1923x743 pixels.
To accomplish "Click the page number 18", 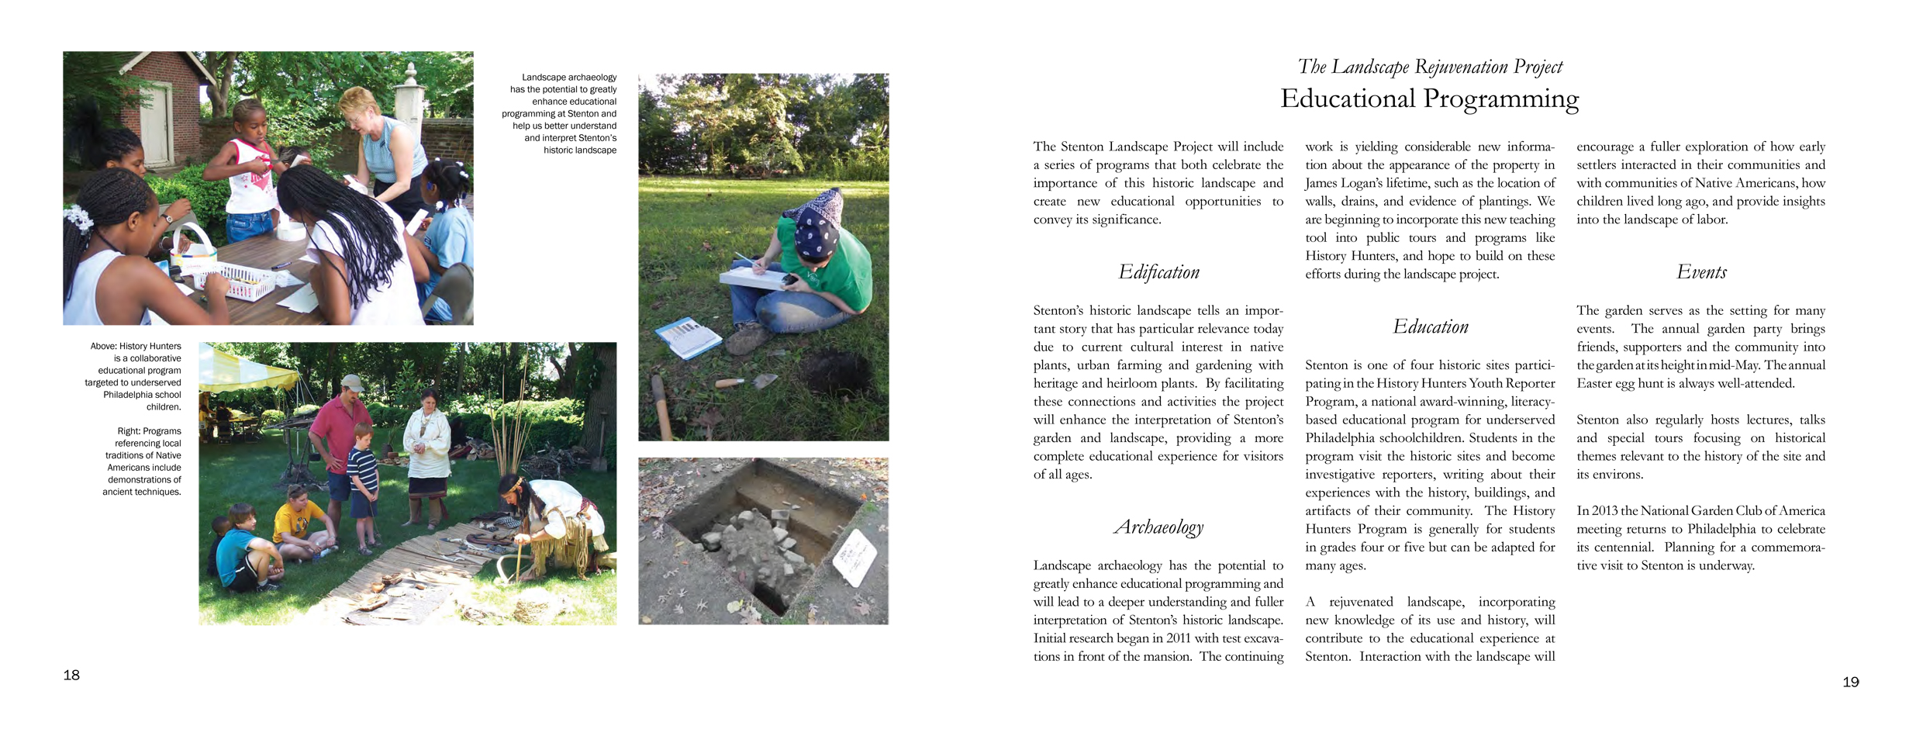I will click(71, 675).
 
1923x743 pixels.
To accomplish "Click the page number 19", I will click(1850, 682).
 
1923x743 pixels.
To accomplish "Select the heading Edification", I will click(1158, 272).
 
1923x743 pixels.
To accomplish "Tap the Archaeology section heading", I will click(1158, 527).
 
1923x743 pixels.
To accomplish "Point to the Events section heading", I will click(1701, 272).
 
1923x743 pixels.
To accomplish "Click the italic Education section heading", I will click(1430, 327).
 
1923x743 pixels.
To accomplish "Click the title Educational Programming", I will click(1429, 98).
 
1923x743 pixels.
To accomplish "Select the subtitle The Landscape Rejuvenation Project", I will click(1430, 67).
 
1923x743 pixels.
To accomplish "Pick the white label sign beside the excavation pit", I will click(854, 557).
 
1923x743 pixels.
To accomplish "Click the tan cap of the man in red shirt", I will click(352, 382).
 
